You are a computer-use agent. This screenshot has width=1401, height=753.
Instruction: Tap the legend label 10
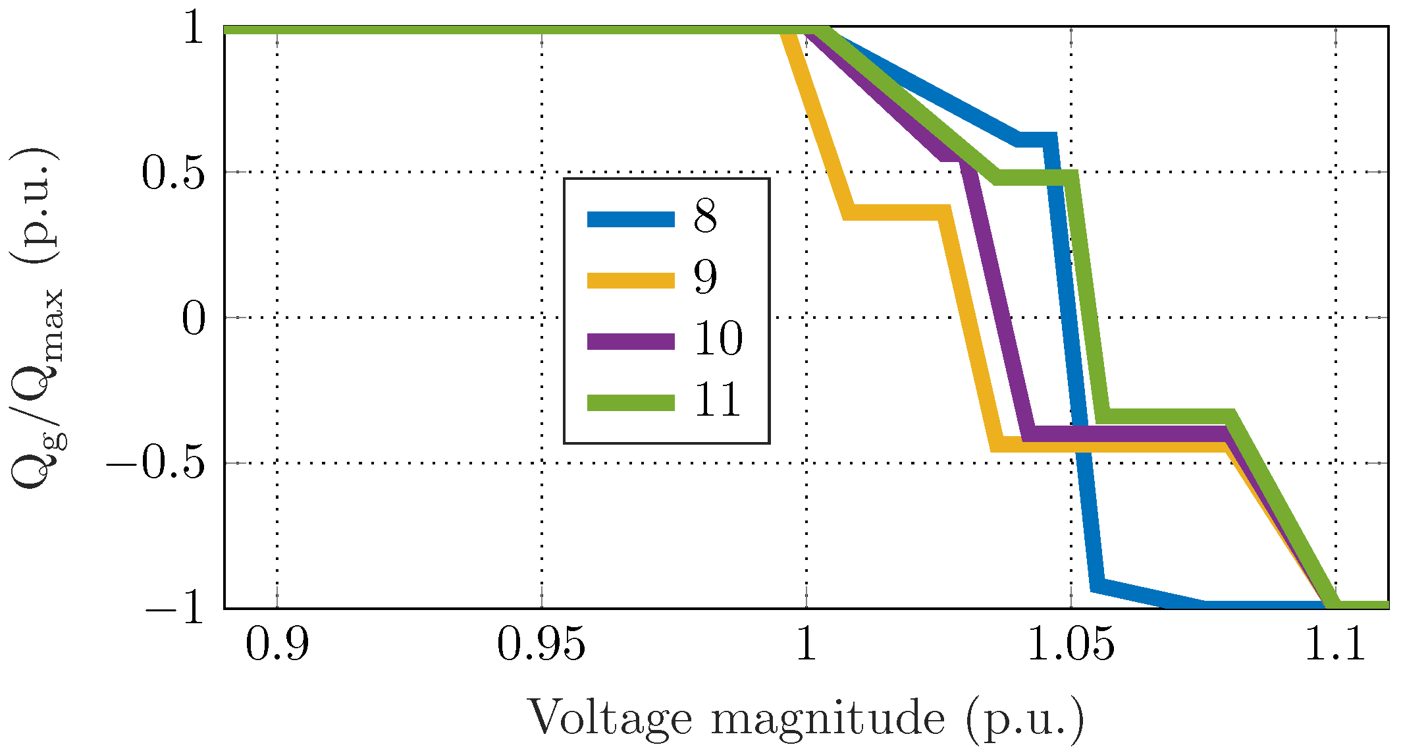click(x=718, y=339)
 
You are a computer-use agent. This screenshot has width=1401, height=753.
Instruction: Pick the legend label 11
click(x=718, y=400)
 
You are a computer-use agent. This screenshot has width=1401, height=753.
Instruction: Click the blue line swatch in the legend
click(x=631, y=219)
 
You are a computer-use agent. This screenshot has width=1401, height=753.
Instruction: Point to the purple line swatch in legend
click(x=631, y=342)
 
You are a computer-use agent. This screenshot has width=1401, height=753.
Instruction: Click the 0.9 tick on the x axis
click(x=277, y=644)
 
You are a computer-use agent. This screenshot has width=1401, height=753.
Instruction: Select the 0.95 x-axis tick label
click(x=541, y=644)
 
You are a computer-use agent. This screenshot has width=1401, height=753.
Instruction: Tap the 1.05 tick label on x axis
click(x=1071, y=644)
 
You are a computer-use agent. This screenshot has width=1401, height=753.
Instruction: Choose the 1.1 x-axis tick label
click(x=1335, y=644)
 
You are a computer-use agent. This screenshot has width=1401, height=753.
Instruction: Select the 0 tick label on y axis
click(x=194, y=319)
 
